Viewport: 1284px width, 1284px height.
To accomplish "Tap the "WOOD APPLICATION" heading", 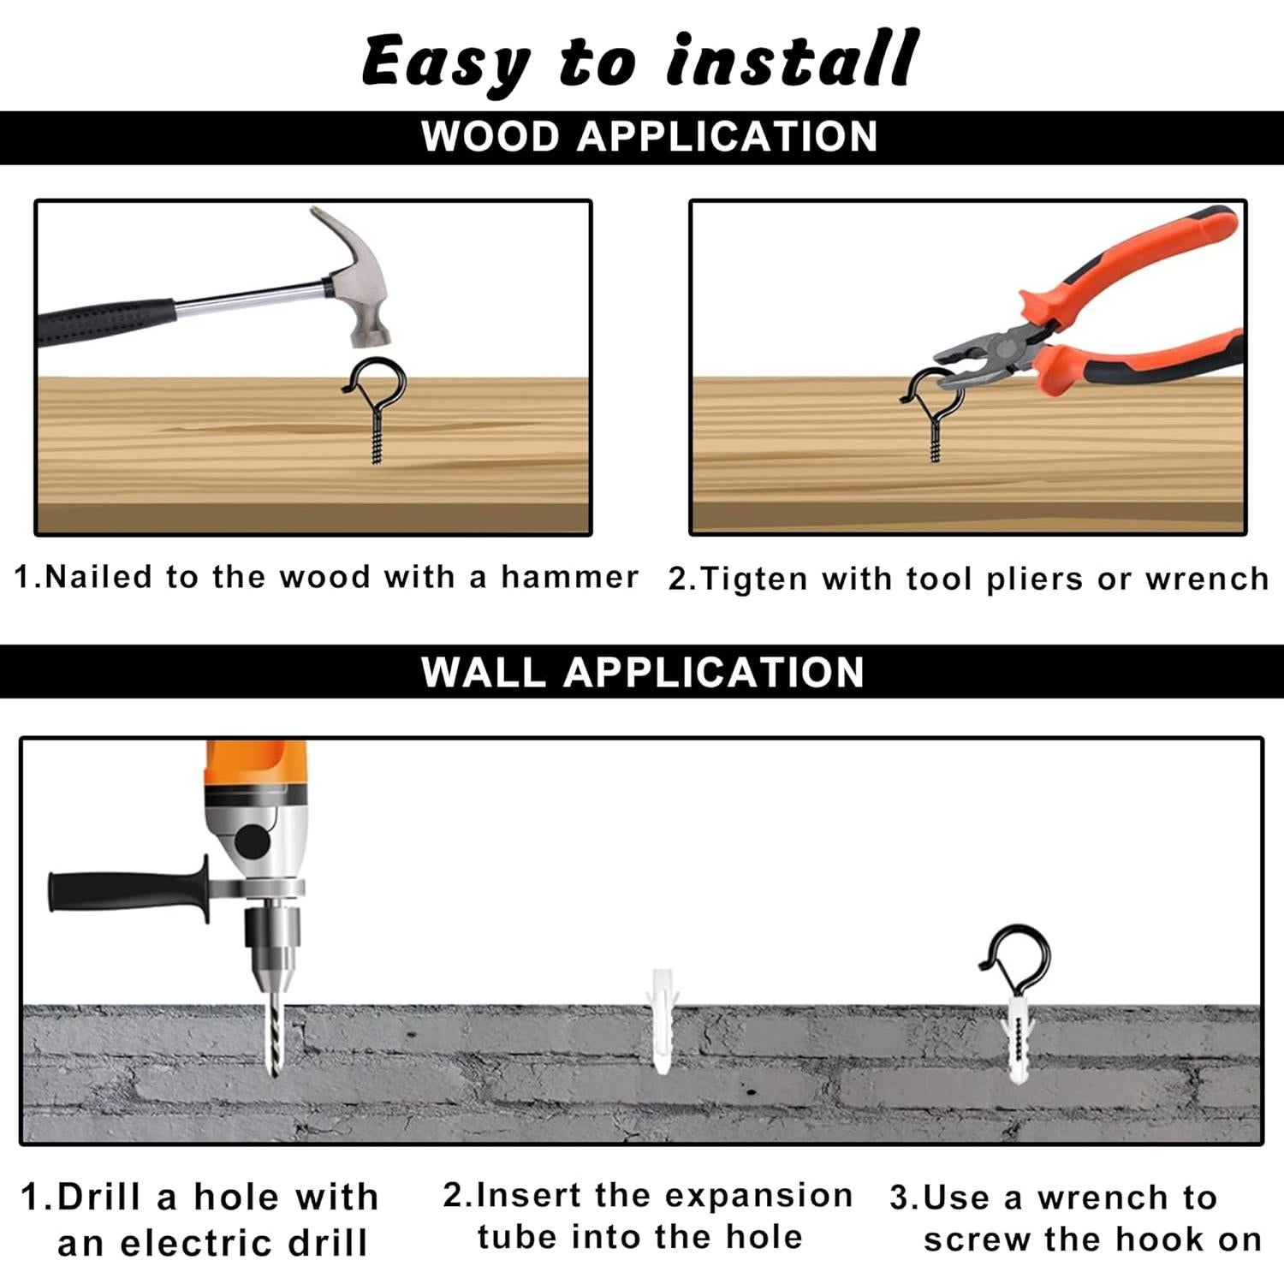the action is [650, 137].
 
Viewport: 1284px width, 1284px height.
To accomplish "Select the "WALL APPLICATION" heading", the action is [643, 672].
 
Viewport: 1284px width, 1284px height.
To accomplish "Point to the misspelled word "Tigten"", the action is [753, 580].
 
